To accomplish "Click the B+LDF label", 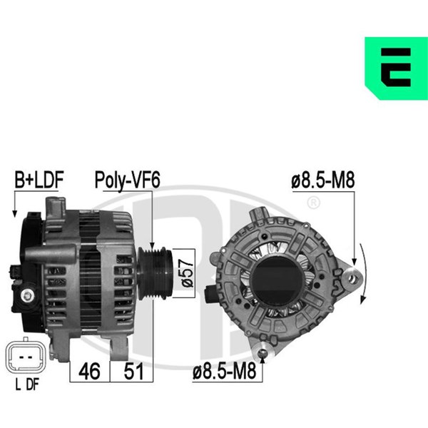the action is (x=39, y=180).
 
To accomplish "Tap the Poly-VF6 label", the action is (x=127, y=180).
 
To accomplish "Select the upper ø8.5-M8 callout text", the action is (x=323, y=180).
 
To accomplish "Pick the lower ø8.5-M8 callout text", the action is (x=225, y=371).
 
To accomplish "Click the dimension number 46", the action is (x=89, y=371).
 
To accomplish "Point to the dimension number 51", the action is (x=133, y=371).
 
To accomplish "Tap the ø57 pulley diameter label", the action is (x=188, y=273).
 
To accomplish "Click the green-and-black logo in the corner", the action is (x=397, y=68).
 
